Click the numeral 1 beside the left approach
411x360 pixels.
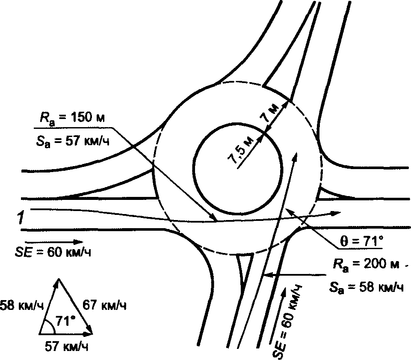click(20, 217)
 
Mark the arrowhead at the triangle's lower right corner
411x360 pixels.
click(92, 332)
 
